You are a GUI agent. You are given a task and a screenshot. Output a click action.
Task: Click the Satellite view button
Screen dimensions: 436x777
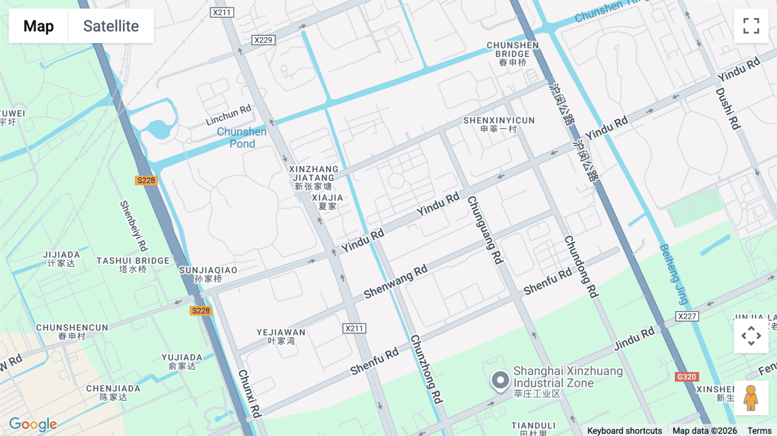tap(111, 26)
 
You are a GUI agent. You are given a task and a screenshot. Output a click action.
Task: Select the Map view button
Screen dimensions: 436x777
tap(38, 26)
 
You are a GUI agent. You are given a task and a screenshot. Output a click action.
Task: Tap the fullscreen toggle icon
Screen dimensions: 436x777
tap(751, 26)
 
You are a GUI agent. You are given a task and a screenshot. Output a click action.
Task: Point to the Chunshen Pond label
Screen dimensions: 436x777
tap(242, 137)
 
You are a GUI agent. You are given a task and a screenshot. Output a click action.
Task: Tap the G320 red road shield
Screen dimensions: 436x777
tap(686, 377)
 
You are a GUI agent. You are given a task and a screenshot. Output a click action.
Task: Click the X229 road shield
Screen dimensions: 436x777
tap(263, 40)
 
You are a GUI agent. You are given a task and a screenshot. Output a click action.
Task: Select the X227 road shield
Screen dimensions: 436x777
tap(687, 316)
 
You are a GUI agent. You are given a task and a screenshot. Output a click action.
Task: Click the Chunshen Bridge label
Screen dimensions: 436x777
tap(512, 54)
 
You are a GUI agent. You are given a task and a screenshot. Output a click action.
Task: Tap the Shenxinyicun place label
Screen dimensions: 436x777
tap(499, 124)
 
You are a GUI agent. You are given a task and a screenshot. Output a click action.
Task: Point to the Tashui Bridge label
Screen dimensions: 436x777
tap(133, 265)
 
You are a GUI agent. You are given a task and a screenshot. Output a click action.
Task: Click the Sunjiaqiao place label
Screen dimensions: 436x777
tap(208, 274)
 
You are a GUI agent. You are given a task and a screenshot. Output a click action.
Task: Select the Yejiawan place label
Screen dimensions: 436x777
tap(281, 336)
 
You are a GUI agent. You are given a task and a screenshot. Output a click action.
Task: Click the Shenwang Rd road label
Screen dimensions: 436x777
tap(395, 281)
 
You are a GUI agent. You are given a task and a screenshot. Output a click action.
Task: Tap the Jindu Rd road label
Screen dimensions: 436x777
tap(634, 339)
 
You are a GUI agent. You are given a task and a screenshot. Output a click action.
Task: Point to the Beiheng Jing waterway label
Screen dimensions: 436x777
tap(674, 274)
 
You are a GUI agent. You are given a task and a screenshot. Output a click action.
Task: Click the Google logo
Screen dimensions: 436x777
tap(33, 424)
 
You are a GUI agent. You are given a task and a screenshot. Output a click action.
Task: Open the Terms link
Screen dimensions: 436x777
tap(759, 431)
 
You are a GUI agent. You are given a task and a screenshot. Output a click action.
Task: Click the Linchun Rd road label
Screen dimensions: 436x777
tap(228, 115)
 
